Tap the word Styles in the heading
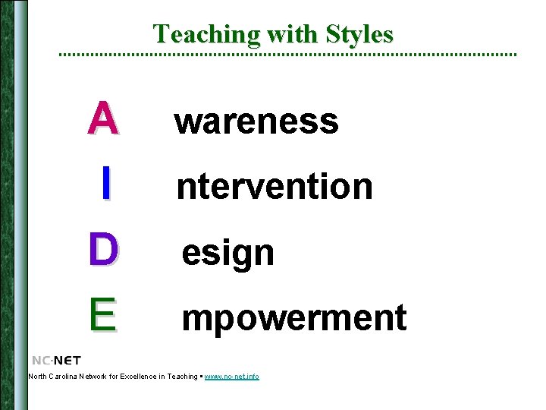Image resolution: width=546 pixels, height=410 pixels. [359, 34]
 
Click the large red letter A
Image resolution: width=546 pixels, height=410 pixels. [102, 118]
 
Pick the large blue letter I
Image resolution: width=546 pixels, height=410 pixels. [106, 184]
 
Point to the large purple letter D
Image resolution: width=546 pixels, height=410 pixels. [103, 250]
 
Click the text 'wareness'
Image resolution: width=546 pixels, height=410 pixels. [256, 121]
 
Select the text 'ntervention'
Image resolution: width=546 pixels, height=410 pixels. [275, 186]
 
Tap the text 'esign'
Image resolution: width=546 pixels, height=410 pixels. [227, 253]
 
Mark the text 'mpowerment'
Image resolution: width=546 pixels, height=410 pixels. [293, 318]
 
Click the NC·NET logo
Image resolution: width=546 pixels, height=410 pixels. [56, 360]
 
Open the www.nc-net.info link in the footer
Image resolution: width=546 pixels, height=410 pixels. [231, 377]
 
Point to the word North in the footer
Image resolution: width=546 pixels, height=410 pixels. [37, 377]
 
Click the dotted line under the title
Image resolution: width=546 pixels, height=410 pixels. [288, 55]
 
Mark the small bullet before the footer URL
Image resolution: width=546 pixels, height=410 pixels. [201, 377]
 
